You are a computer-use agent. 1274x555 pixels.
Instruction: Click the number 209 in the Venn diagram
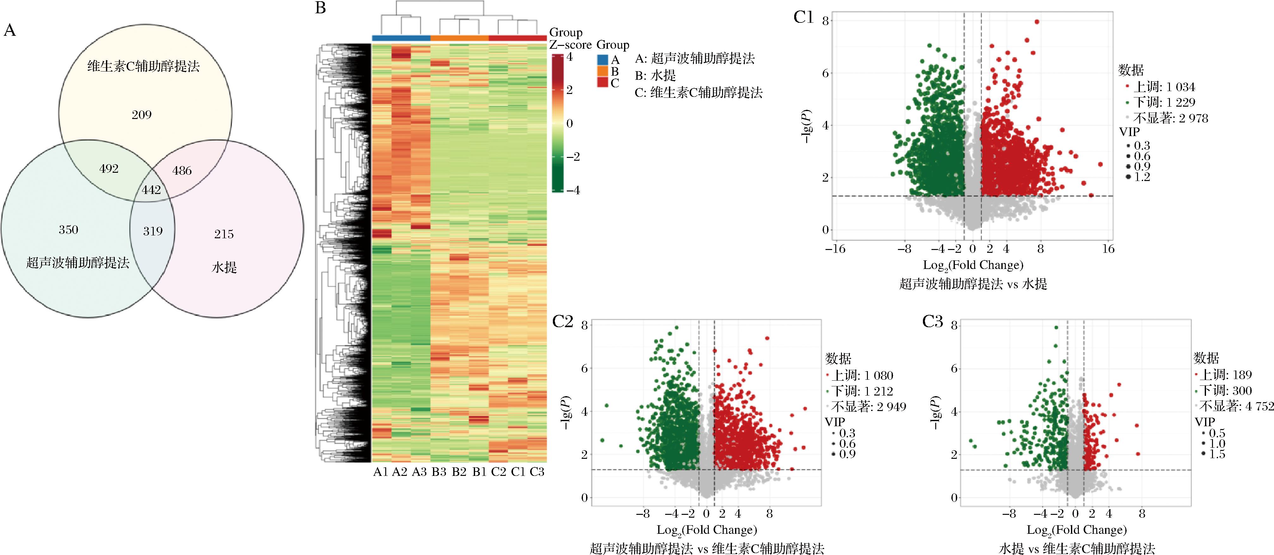[x=141, y=115]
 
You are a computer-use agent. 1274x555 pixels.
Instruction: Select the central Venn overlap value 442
[x=151, y=190]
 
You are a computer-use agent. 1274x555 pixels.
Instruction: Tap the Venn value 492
[x=109, y=169]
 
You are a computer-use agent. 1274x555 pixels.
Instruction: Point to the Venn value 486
[x=182, y=171]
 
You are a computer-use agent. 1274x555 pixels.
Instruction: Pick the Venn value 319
[x=153, y=231]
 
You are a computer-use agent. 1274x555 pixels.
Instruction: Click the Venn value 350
[x=68, y=229]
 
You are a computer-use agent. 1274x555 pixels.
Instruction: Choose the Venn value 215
[x=224, y=234]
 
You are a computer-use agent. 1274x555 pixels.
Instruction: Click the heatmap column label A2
[x=399, y=472]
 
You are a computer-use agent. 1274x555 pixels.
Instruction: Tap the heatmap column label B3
[x=439, y=472]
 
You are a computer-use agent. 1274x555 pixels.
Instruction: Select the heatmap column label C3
[x=537, y=472]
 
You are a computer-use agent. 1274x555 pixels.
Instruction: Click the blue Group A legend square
[x=603, y=60]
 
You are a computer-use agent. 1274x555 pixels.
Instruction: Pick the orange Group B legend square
[x=603, y=71]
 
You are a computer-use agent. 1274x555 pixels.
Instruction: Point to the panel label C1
[x=803, y=18]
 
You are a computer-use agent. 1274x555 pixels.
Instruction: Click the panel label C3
[x=933, y=322]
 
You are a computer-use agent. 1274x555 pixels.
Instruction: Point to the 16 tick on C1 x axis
[x=1108, y=249]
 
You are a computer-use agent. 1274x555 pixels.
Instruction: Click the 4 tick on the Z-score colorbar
[x=570, y=57]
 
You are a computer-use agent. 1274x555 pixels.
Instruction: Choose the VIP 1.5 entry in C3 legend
[x=1217, y=454]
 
